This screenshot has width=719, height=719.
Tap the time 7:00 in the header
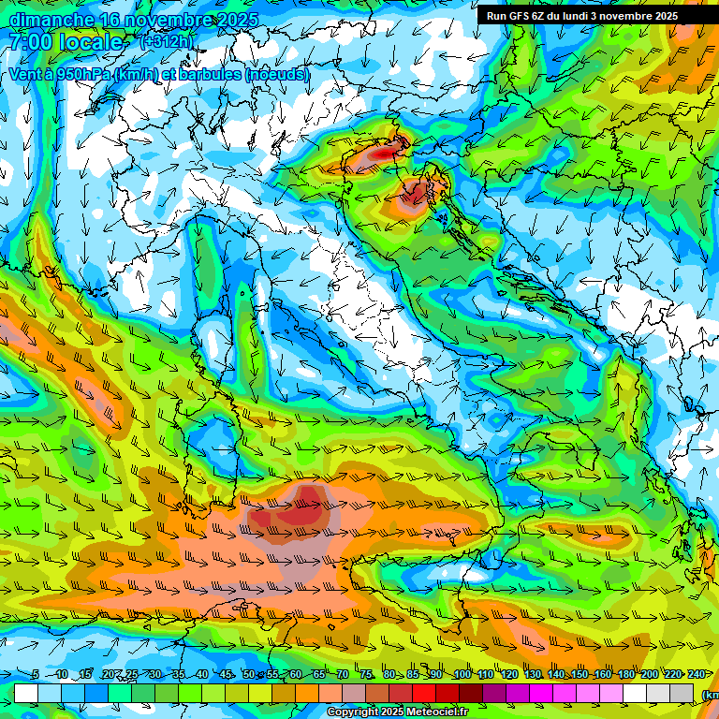pos(31,42)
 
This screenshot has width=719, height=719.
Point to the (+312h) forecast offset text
pos(166,42)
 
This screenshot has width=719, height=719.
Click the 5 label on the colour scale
pos(36,675)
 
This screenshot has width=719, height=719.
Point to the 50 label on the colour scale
pos(248,675)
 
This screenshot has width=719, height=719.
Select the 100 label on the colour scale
pos(462,675)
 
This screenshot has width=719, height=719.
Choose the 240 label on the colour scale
pos(696,675)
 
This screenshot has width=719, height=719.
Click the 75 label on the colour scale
pos(366,675)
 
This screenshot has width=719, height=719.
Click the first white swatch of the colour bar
pos(26,693)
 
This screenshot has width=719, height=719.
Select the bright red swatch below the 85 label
pos(424,693)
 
